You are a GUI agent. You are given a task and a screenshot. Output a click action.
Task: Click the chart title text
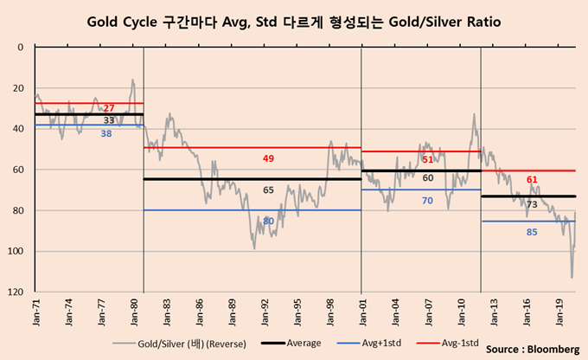294,18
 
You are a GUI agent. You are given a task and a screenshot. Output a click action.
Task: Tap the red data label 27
108,108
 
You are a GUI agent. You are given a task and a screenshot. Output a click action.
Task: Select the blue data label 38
105,133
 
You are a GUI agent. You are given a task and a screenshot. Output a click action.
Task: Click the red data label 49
268,159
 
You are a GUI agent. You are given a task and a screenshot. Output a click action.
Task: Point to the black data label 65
268,189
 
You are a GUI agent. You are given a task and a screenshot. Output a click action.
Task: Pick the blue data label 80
268,221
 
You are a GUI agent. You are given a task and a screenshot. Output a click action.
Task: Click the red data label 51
427,160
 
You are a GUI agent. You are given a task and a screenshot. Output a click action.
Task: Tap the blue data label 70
427,201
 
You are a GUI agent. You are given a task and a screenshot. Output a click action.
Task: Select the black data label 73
532,205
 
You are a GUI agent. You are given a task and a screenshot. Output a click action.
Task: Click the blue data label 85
532,231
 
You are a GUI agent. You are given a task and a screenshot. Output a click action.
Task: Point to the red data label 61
532,179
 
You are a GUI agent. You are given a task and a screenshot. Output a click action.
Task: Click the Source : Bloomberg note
532,350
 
